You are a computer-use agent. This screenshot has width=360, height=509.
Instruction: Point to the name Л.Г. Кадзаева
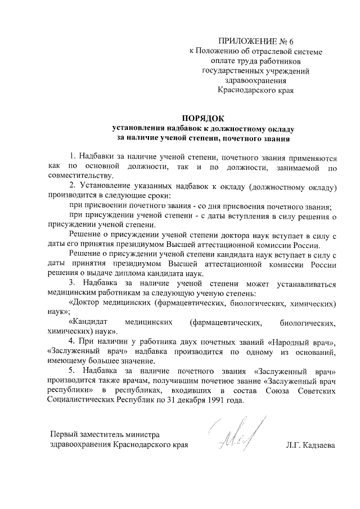(310, 445)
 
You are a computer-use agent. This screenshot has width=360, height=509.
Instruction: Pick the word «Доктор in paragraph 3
(86, 303)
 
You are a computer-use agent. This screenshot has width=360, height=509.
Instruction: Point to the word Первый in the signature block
(64, 435)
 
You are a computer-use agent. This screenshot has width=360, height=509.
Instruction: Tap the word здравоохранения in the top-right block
(255, 80)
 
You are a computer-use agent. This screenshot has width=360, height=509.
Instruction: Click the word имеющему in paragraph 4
(67, 361)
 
